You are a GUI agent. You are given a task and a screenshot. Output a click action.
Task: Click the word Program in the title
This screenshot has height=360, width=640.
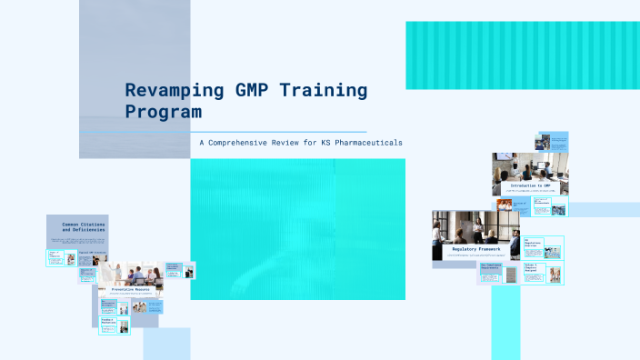tap(163, 112)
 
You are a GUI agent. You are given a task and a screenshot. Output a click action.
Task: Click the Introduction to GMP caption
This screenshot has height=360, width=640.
tap(530, 185)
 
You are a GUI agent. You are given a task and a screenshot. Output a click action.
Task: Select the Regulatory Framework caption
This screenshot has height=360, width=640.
tap(475, 248)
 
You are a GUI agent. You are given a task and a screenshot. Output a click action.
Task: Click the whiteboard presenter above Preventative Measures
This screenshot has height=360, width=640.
tap(117, 271)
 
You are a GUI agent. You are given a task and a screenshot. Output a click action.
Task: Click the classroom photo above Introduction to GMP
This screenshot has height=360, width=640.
tap(530, 166)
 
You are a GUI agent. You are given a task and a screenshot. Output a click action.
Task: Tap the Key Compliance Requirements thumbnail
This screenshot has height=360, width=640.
tap(489, 271)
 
